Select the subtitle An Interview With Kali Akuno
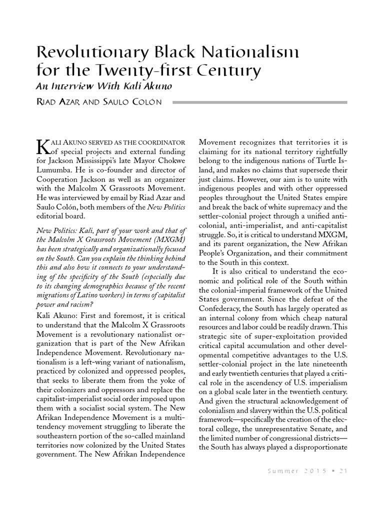click(104, 86)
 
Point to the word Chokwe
click(172, 160)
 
